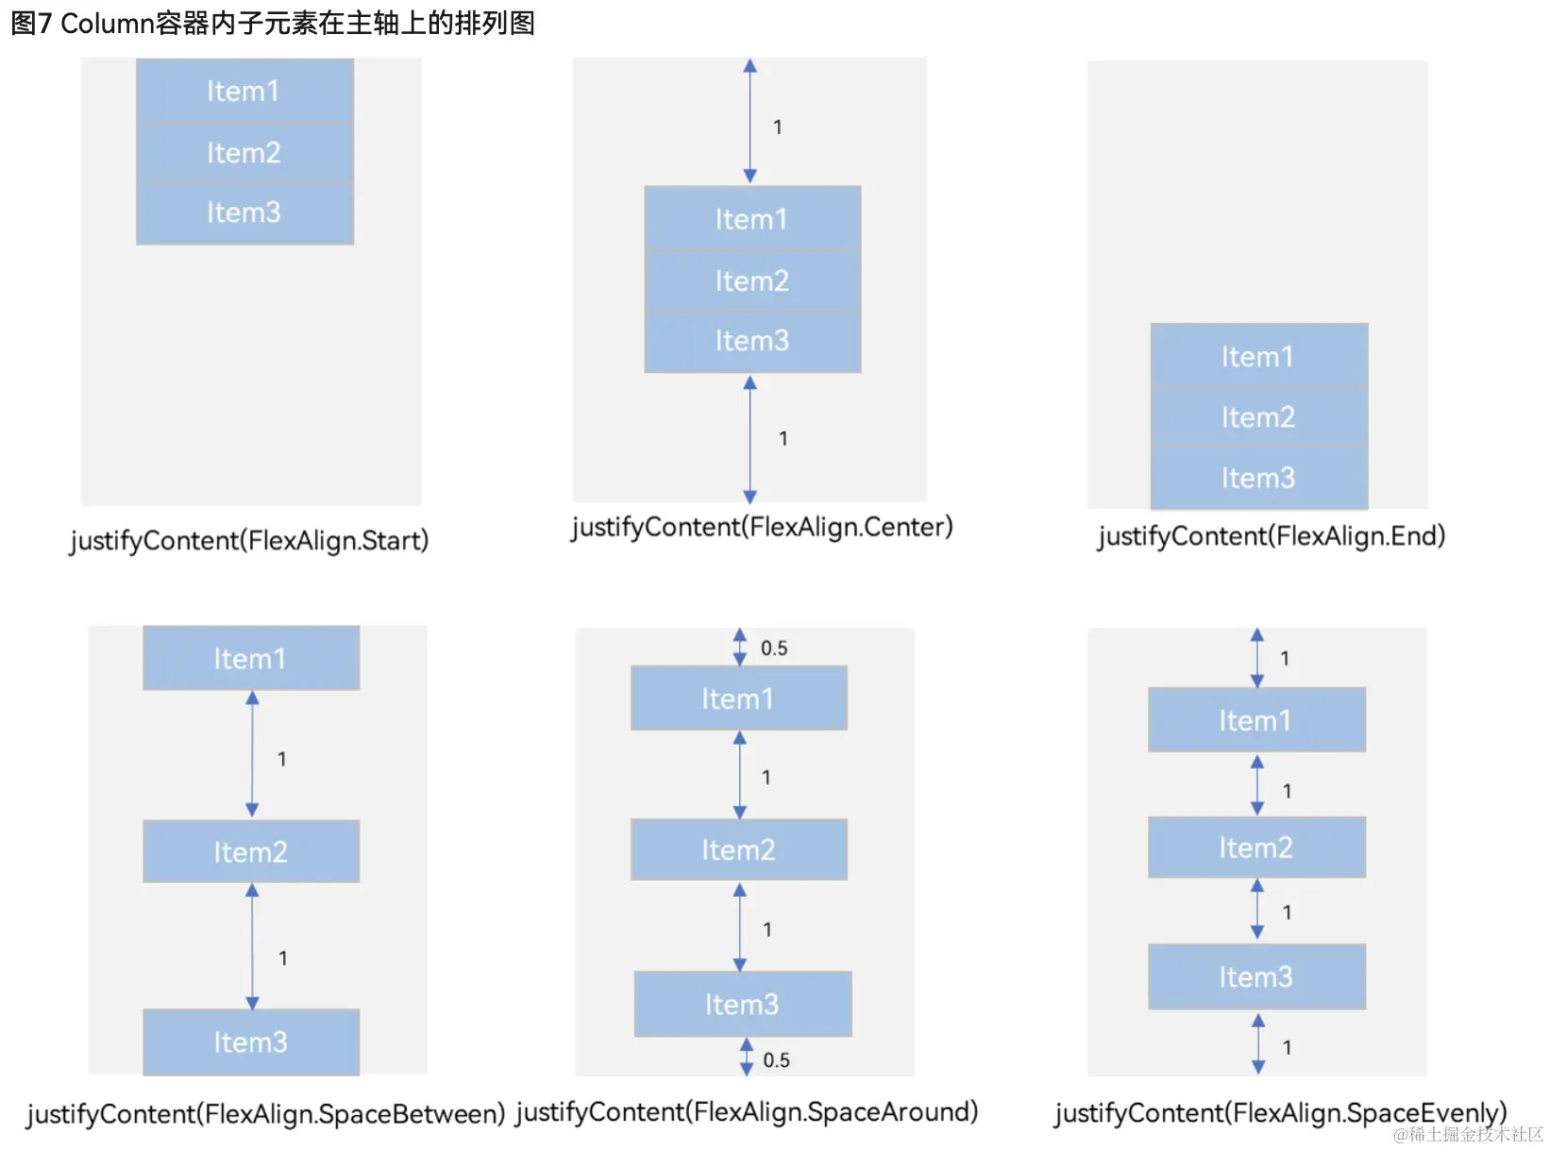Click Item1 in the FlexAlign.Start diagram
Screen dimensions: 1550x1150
tap(244, 91)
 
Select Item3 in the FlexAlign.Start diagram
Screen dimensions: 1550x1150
tap(244, 213)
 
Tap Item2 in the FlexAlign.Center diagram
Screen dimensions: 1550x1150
tap(752, 280)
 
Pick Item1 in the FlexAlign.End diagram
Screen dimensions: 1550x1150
tap(1258, 355)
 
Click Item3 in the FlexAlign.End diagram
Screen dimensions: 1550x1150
tap(1258, 478)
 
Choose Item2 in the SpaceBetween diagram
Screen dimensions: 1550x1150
tap(251, 851)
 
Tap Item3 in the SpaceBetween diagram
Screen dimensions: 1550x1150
tap(251, 1041)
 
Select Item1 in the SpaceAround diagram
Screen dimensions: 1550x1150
tap(739, 698)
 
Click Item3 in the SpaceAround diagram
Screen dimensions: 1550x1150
tap(742, 1004)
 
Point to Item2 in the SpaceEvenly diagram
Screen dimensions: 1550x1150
tap(1256, 847)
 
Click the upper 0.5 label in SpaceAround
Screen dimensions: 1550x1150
tap(774, 648)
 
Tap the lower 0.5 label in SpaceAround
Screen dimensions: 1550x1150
tap(776, 1059)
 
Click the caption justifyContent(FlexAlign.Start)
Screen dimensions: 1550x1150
tap(249, 540)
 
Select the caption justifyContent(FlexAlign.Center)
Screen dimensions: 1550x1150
tap(762, 527)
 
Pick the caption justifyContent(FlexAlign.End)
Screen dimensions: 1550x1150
tap(1272, 536)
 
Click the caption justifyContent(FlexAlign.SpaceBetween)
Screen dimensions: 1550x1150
tap(265, 1113)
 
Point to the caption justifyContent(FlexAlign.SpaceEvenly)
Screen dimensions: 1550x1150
tap(1280, 1112)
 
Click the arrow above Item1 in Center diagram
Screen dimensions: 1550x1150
tap(750, 121)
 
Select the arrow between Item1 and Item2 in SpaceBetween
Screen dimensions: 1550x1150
tap(252, 753)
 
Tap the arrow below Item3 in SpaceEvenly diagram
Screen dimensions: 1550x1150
tap(1258, 1043)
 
